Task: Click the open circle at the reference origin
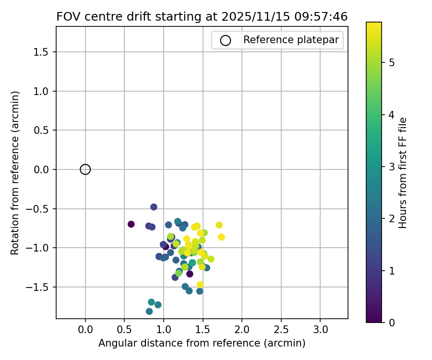85,169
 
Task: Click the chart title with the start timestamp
202,16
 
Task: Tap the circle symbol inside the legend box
226,40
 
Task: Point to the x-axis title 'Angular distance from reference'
202,343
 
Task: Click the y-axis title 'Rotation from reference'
15,173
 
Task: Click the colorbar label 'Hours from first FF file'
403,173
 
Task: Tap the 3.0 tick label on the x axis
320,330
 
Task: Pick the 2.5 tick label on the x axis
281,330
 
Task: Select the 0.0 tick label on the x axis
85,330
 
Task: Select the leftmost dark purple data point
131,224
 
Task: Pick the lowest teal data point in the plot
149,311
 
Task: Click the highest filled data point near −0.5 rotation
154,207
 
